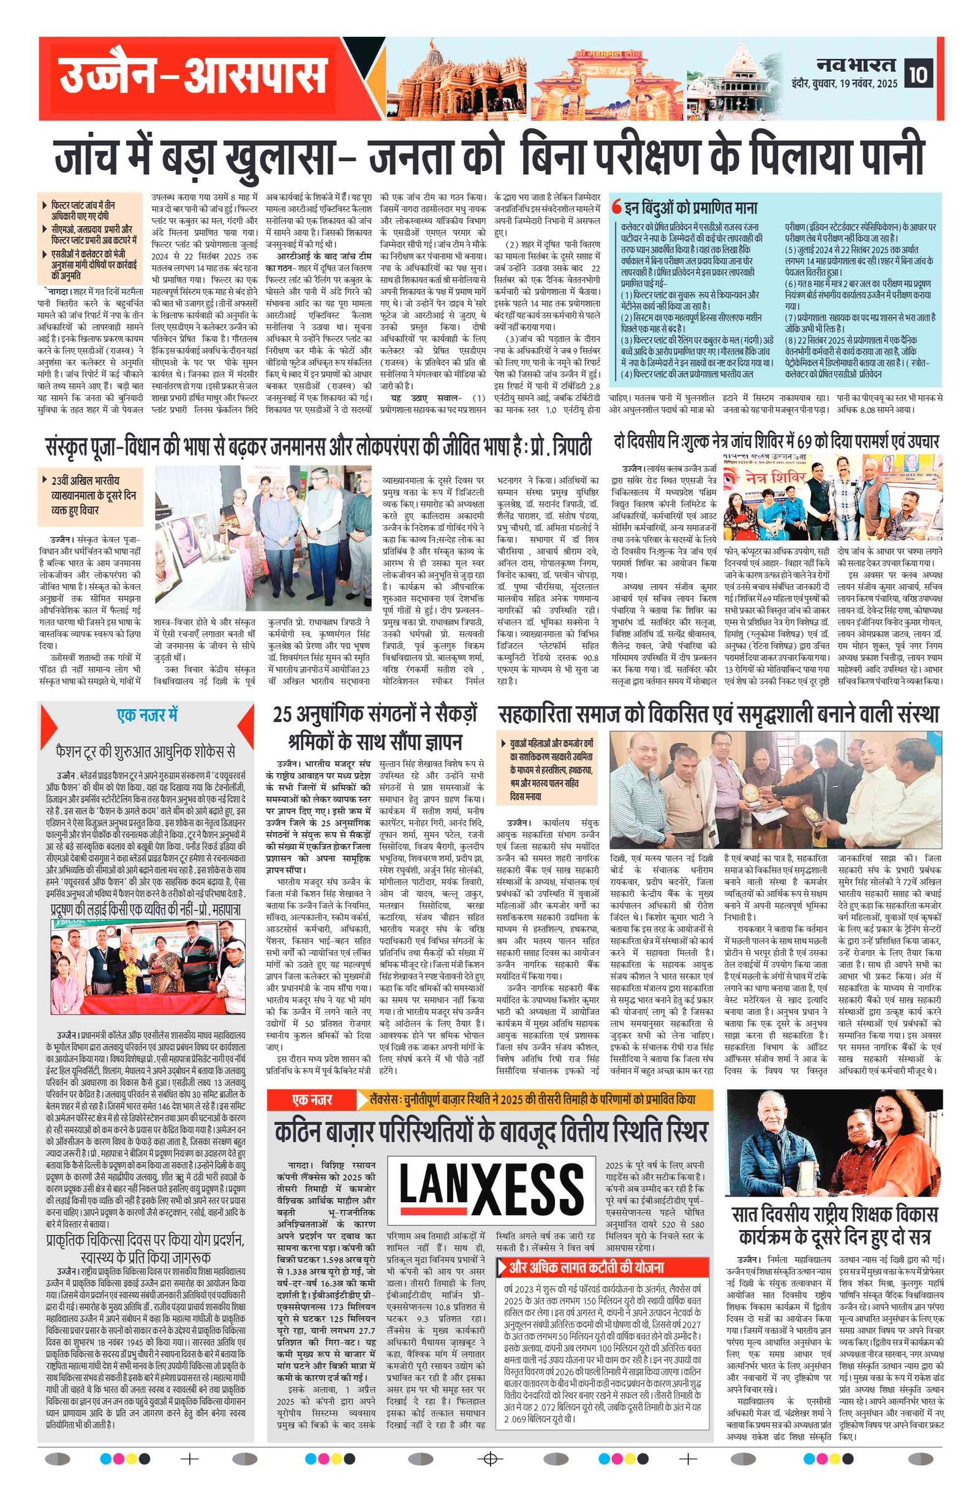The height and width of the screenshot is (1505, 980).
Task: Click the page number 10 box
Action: [918, 74]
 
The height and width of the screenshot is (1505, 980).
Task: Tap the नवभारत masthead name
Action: [856, 65]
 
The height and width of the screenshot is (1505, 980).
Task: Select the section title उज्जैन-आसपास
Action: [189, 77]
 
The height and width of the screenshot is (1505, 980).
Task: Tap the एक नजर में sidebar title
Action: [147, 715]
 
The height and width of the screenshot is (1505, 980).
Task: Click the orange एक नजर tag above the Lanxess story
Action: [312, 1100]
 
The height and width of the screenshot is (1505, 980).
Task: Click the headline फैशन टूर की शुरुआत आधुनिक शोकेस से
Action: [146, 751]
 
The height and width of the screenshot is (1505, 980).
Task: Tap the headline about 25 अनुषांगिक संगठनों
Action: [375, 727]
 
